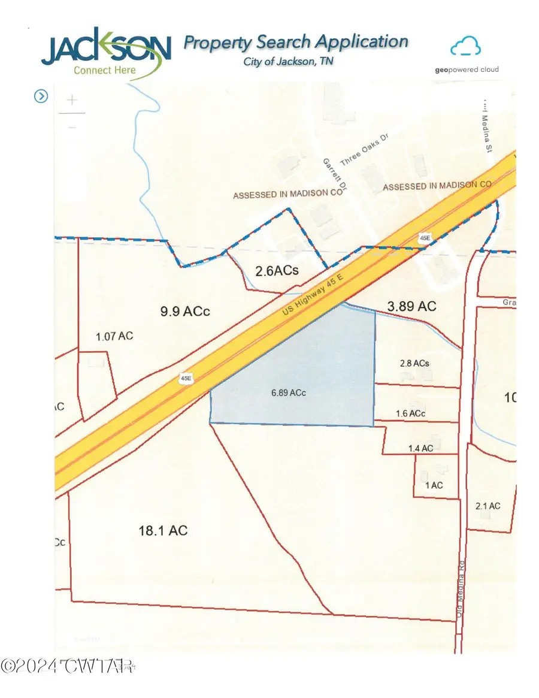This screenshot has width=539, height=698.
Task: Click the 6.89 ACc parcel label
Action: pyautogui.click(x=288, y=393)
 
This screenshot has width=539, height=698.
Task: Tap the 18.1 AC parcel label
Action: pyautogui.click(x=163, y=530)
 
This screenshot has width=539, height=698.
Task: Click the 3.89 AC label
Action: pyautogui.click(x=412, y=306)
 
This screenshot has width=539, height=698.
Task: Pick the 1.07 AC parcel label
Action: pyautogui.click(x=114, y=336)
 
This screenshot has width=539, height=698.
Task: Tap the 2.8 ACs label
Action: pyautogui.click(x=414, y=363)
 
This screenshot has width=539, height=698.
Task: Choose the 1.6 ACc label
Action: pyautogui.click(x=411, y=414)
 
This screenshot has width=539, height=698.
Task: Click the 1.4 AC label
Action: pyautogui.click(x=420, y=448)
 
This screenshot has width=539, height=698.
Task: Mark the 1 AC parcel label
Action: pyautogui.click(x=434, y=485)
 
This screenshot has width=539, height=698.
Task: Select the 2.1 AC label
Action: pyautogui.click(x=487, y=506)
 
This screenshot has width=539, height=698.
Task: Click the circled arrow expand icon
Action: pyautogui.click(x=41, y=96)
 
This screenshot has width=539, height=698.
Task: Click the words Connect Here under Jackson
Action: pyautogui.click(x=105, y=70)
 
